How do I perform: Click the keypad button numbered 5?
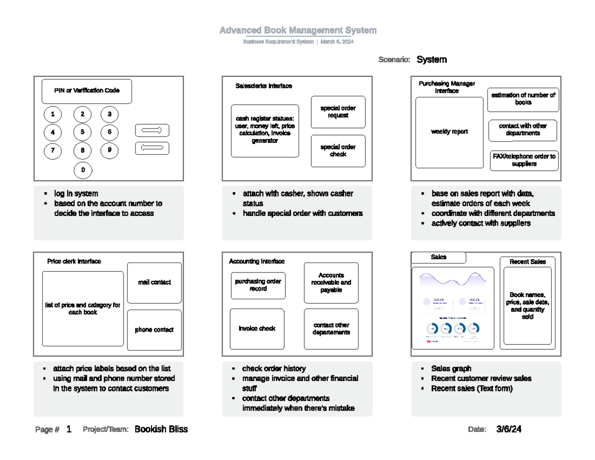point(83,132)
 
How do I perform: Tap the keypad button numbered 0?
point(83,170)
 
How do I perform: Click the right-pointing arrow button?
point(152,130)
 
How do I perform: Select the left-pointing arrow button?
point(152,148)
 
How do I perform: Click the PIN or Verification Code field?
point(87,91)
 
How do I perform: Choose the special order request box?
point(338,112)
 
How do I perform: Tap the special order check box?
point(338,151)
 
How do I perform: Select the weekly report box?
point(449,132)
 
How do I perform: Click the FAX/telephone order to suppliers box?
point(524,160)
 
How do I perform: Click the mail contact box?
point(154,282)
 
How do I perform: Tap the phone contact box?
point(154,329)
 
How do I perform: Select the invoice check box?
point(257,329)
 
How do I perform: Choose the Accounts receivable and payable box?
point(331,282)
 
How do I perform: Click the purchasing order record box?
point(258,285)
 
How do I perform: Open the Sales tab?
point(439,257)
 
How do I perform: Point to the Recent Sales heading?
point(528,262)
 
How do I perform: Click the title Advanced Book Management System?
point(298,31)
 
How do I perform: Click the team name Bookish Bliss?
point(161,429)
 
